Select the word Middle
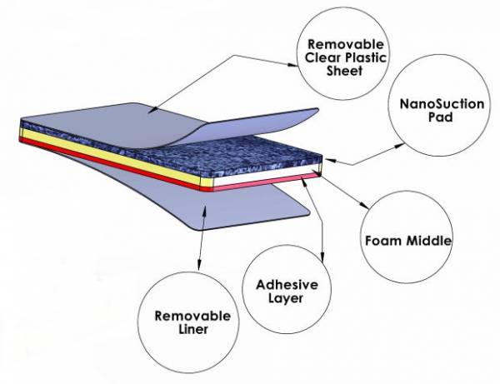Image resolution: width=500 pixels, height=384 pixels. [427, 242]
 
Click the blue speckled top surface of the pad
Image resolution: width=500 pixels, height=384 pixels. [208, 150]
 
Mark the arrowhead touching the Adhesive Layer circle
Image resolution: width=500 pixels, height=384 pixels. [322, 261]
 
